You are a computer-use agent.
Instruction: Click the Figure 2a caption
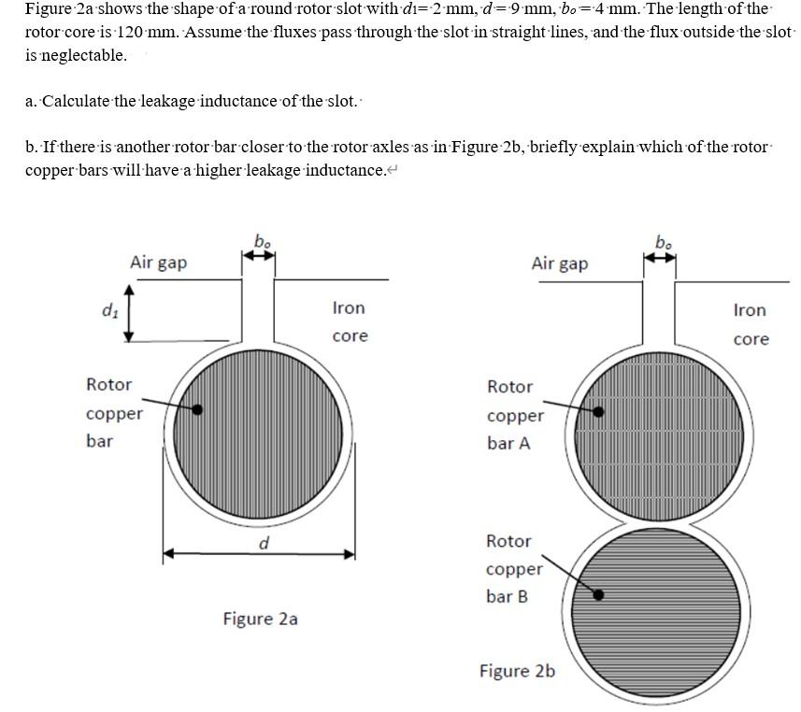(260, 619)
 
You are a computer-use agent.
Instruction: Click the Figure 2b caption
(517, 671)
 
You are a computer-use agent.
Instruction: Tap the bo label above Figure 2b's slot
(663, 245)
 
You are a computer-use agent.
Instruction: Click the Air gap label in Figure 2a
(158, 263)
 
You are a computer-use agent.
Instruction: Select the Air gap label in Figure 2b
(560, 263)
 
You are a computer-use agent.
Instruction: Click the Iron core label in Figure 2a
(350, 321)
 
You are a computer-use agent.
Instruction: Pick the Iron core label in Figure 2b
(750, 324)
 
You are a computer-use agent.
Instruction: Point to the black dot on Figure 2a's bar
(198, 409)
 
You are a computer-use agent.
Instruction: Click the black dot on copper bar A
(599, 410)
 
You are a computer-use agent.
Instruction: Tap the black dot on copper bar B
(599, 594)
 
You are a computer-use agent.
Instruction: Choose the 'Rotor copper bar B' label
(513, 568)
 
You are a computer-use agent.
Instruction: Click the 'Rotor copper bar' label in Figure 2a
(113, 412)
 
